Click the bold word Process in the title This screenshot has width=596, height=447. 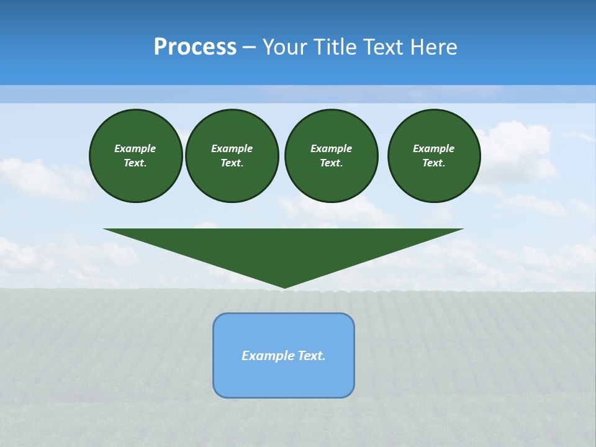click(x=195, y=47)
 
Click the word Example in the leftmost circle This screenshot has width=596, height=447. click(x=135, y=148)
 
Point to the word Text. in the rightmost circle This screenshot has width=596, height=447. click(x=434, y=163)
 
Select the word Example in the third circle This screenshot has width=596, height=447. click(x=331, y=148)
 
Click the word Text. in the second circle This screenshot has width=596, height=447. click(x=232, y=163)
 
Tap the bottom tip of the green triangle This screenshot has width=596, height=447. click(x=284, y=286)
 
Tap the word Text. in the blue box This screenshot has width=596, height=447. click(x=311, y=356)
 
